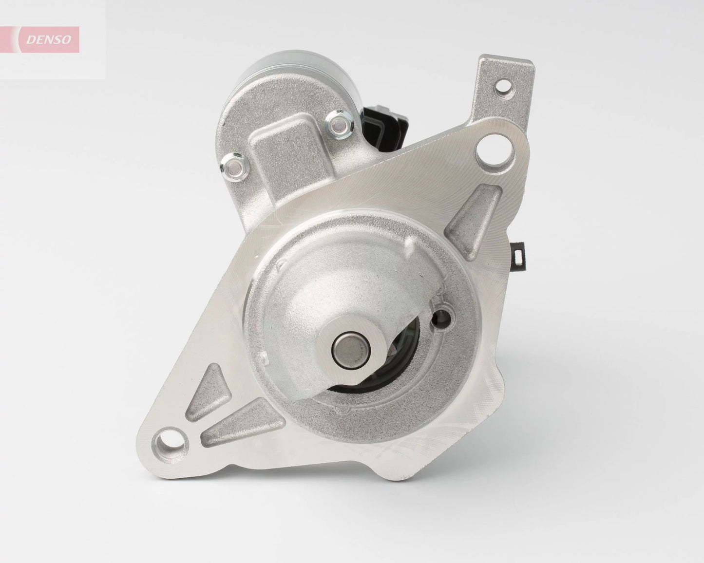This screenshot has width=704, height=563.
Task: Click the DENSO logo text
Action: point(48,39)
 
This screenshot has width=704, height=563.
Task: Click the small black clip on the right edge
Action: point(519,254)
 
